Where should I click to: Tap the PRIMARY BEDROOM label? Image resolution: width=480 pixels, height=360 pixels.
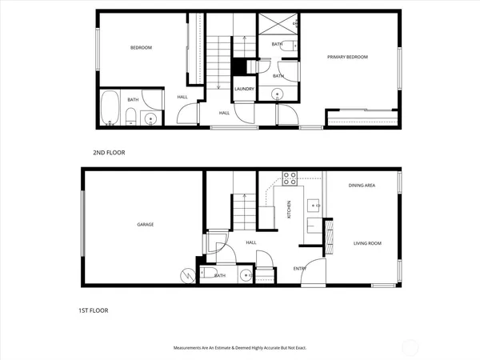pyautogui.click(x=347, y=58)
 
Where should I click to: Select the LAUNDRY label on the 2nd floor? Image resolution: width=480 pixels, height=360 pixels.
pyautogui.click(x=244, y=90)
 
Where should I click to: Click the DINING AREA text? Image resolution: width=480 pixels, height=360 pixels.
pyautogui.click(x=362, y=186)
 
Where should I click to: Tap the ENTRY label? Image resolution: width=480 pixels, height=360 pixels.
pyautogui.click(x=299, y=269)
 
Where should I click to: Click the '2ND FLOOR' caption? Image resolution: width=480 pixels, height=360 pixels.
pyautogui.click(x=110, y=151)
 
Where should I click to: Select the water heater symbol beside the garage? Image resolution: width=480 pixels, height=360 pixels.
pyautogui.click(x=189, y=275)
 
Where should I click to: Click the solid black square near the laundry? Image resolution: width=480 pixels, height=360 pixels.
pyautogui.click(x=238, y=67)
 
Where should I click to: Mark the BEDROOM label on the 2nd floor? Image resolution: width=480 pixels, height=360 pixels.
pyautogui.click(x=141, y=48)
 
